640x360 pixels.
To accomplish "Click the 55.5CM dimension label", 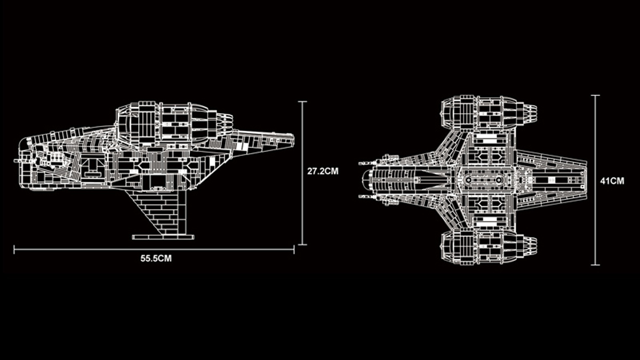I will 156,259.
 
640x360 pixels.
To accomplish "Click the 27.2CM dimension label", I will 323,172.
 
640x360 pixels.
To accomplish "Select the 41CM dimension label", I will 612,181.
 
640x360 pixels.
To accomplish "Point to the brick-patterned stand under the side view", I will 160,211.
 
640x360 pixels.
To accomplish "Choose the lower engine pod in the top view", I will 485,247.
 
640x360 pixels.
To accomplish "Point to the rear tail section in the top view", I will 555,180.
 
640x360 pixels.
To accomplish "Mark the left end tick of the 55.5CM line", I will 14,249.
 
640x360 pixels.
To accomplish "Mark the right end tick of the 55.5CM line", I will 294,249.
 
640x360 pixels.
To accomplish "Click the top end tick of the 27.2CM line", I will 302,101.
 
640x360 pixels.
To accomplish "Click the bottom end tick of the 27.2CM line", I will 302,244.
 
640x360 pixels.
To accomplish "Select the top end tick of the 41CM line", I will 595,95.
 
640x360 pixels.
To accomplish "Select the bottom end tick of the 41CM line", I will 595,265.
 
